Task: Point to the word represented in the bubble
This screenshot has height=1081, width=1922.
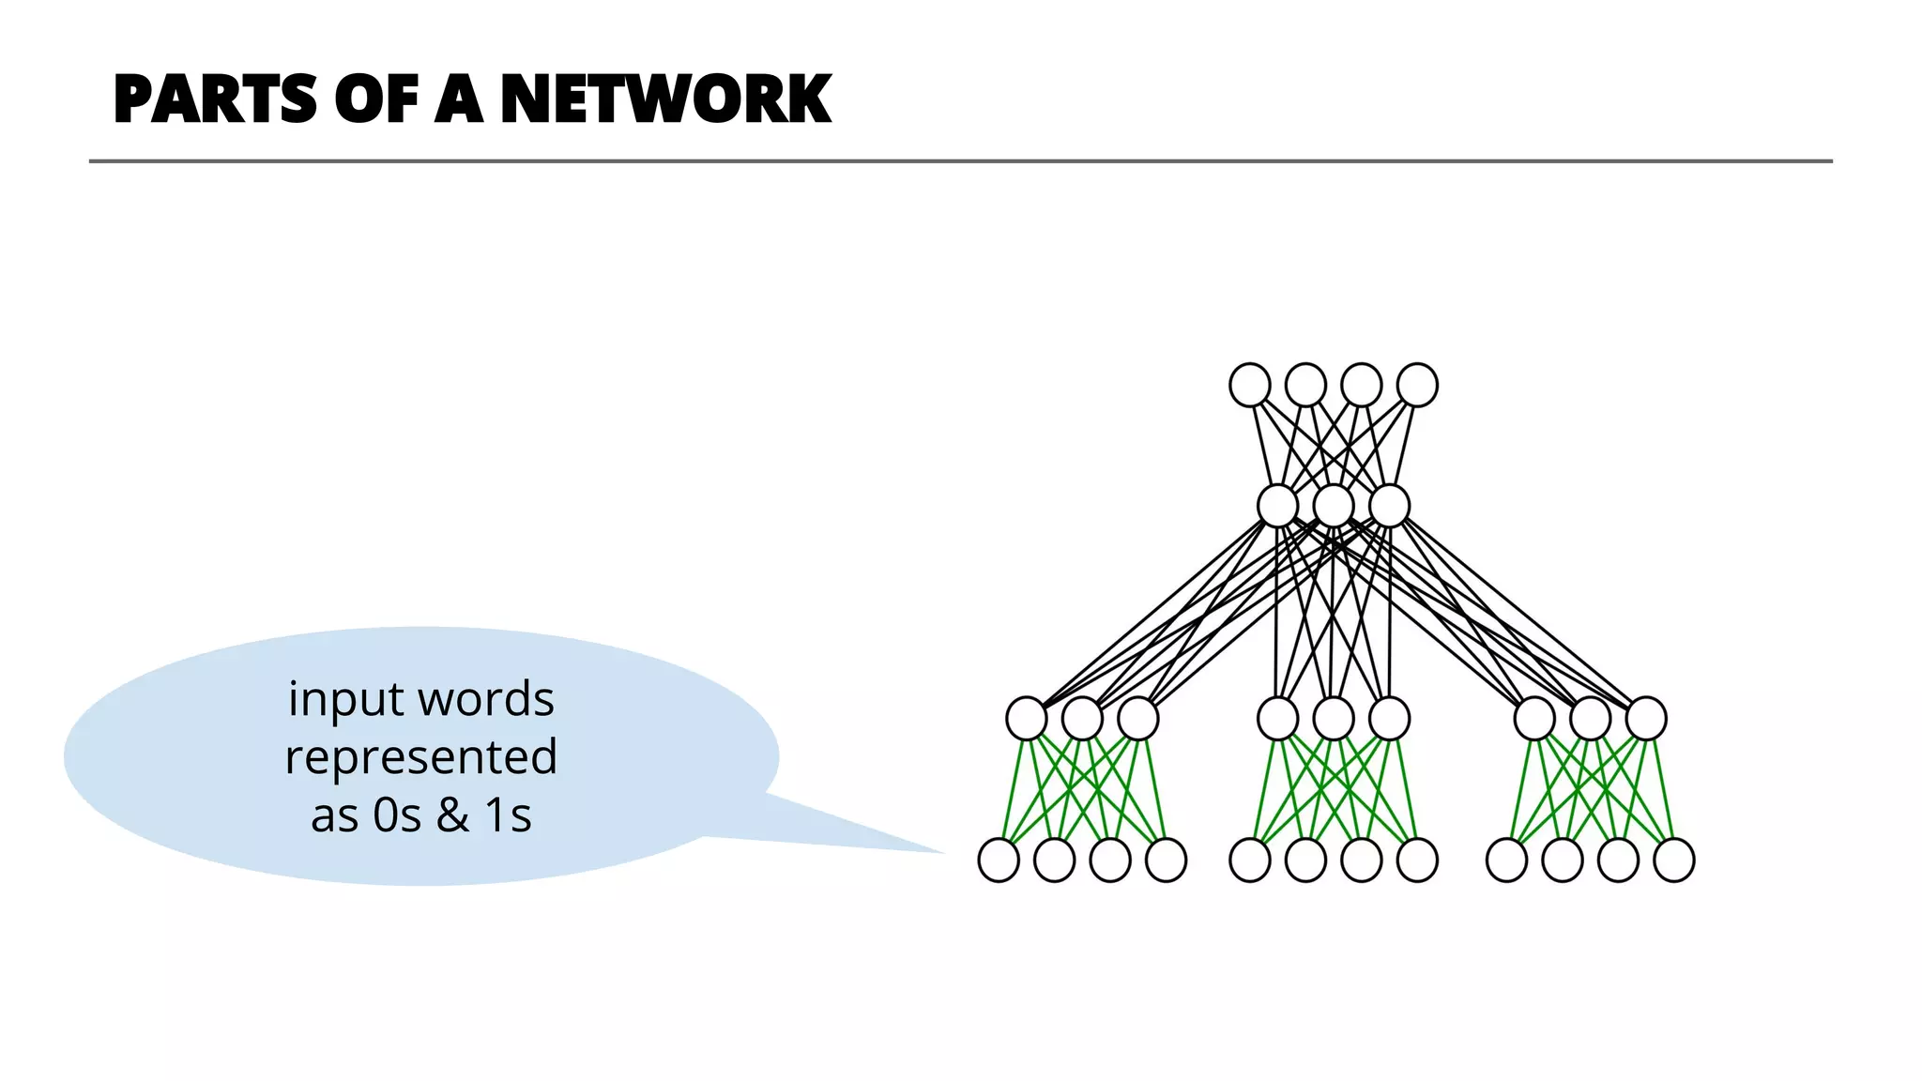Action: click(421, 756)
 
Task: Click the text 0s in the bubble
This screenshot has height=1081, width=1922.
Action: click(396, 815)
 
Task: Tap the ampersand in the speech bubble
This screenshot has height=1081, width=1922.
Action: click(452, 815)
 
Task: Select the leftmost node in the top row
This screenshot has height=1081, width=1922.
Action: click(1250, 386)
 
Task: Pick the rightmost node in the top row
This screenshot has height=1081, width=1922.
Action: click(1417, 386)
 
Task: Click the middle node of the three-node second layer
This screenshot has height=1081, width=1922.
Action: click(1334, 506)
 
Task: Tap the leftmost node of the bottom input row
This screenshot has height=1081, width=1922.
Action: click(999, 860)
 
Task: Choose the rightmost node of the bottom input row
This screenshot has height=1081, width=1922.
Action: click(1673, 860)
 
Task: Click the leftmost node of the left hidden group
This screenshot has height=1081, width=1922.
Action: click(1027, 720)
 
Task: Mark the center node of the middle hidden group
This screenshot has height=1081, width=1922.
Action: click(1334, 720)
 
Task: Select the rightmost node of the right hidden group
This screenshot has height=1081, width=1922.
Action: click(1646, 720)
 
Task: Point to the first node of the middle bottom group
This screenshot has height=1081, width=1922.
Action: click(1250, 860)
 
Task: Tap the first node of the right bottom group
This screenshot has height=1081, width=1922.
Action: click(1507, 860)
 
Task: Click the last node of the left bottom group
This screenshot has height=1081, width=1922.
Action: click(1167, 860)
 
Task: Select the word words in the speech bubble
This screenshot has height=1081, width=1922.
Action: click(486, 700)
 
